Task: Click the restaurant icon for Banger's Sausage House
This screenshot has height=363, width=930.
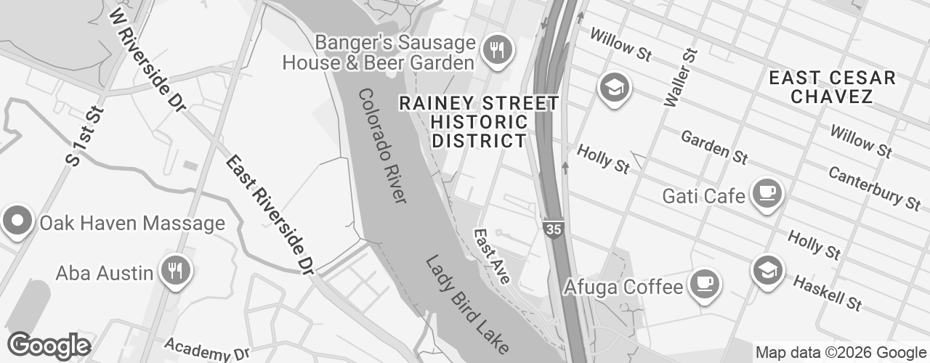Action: (498, 50)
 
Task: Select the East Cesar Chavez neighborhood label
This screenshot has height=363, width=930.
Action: (832, 87)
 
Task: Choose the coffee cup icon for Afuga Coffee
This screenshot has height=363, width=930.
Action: (703, 282)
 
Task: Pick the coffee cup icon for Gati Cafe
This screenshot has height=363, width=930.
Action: (766, 193)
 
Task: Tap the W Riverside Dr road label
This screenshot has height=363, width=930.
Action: (146, 59)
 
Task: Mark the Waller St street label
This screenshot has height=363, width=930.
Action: (680, 77)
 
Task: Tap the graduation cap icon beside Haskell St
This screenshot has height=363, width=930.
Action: (767, 269)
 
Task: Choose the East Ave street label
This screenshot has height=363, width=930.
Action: (493, 256)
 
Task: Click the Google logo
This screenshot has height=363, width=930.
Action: (49, 346)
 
